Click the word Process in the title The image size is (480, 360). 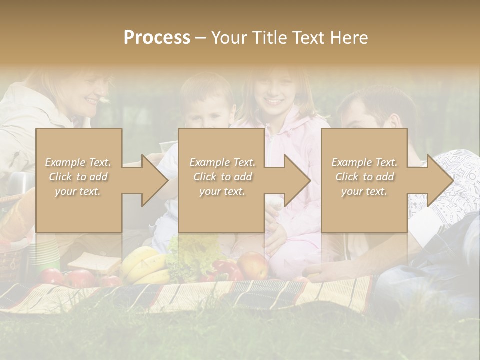[x=157, y=37]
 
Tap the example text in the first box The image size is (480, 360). [x=78, y=176]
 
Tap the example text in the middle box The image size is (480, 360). [x=222, y=176]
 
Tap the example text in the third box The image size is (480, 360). [x=364, y=176]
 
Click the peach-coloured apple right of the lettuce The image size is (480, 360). [x=254, y=265]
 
